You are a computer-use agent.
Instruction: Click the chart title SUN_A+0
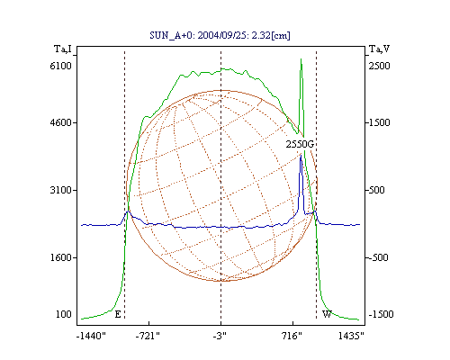point(169,35)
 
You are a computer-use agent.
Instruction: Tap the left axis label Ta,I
point(63,49)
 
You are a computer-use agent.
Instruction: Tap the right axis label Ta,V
point(379,49)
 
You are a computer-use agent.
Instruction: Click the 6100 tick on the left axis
point(61,66)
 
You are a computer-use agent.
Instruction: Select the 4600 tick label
point(61,122)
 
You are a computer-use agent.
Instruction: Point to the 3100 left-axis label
point(61,190)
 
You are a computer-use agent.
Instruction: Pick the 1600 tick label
point(61,257)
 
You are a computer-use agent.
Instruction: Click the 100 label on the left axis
point(64,314)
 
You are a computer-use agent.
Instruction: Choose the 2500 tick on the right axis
point(379,66)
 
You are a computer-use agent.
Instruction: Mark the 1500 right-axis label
point(379,122)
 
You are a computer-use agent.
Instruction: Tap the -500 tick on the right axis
point(378,257)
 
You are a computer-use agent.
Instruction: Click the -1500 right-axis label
point(381,314)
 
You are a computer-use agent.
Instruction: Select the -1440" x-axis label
point(91,337)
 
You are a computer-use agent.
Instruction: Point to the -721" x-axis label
point(148,337)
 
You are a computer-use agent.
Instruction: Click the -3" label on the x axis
point(220,337)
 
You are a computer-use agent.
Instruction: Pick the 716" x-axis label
point(292,337)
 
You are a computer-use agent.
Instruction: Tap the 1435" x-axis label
point(351,337)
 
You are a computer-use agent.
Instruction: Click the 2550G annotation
point(300,144)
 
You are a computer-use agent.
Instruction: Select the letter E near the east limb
point(118,314)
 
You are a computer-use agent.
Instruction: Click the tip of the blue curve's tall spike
point(301,155)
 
